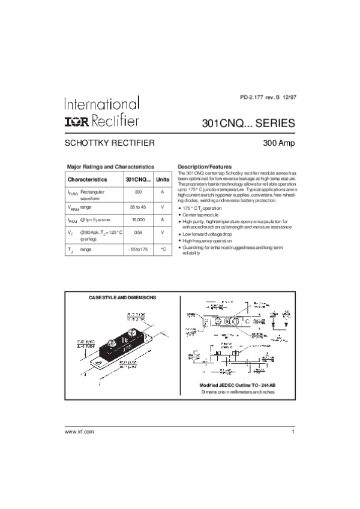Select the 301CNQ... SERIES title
(248, 124)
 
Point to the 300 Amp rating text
(279, 144)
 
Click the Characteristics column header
(87, 179)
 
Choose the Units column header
(163, 179)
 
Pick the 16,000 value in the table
(138, 220)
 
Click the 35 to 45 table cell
(138, 206)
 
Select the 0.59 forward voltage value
(138, 232)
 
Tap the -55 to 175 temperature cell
(138, 248)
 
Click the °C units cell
(163, 248)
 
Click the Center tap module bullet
(200, 215)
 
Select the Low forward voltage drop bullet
(208, 234)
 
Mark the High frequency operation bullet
(207, 240)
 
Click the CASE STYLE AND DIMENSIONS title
(122, 297)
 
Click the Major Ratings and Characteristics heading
(110, 166)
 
